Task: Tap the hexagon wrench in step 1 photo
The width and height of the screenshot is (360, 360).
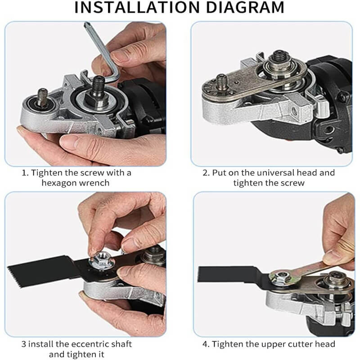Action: point(100,49)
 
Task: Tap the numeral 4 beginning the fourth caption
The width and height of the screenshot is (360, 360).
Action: point(205,344)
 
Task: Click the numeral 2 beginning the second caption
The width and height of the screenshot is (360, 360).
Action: point(205,172)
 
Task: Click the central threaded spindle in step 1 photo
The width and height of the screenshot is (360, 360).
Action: point(98,84)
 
